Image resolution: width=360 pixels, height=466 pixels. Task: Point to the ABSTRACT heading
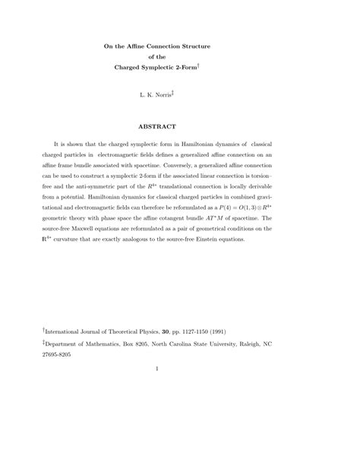tap(179, 125)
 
